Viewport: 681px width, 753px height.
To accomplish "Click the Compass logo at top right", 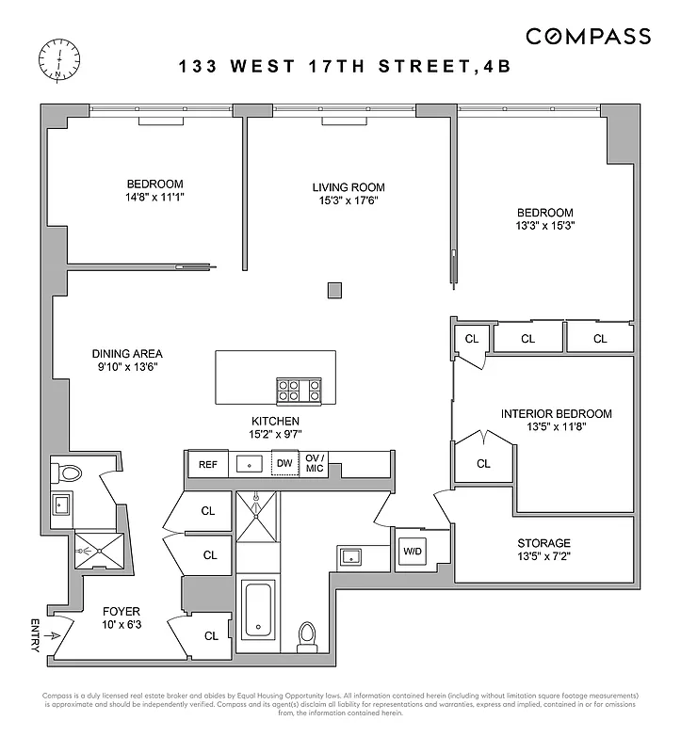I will point(588,37).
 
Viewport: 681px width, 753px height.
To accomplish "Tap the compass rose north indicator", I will point(58,61).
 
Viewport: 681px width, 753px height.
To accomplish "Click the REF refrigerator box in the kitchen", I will point(207,463).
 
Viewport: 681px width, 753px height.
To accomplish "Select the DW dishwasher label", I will point(284,463).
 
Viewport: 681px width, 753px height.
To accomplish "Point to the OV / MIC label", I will point(315,463).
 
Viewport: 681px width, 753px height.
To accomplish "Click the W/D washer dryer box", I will point(413,552).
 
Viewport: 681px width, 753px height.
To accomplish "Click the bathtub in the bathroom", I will point(257,610).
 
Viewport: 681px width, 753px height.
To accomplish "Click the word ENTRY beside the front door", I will point(35,635).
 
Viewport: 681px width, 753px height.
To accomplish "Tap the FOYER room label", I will point(121,611).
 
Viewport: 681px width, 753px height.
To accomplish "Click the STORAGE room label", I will point(543,543).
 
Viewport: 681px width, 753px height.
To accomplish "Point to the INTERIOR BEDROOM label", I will point(556,413).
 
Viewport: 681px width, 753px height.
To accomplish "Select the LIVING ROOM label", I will point(349,187).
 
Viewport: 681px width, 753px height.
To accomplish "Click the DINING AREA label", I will point(127,354).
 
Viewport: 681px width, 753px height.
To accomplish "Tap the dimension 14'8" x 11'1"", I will point(155,198).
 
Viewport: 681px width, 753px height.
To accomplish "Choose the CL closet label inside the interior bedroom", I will point(483,463).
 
